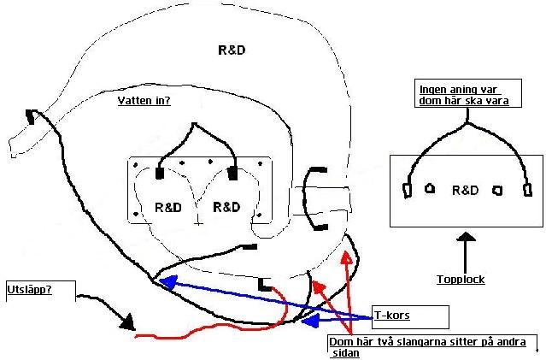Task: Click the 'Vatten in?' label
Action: click(x=144, y=101)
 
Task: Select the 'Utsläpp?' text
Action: click(x=30, y=290)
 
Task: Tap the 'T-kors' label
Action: click(x=392, y=316)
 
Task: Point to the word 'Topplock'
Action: click(x=461, y=279)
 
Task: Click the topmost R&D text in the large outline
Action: click(x=232, y=50)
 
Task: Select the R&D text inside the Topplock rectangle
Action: click(x=465, y=191)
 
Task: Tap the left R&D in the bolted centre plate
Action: click(x=168, y=207)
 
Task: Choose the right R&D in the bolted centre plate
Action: click(x=226, y=207)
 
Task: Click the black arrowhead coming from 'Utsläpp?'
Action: click(x=128, y=322)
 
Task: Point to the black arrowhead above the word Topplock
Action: click(x=466, y=237)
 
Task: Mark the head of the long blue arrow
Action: click(x=168, y=281)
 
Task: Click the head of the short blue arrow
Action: click(x=310, y=321)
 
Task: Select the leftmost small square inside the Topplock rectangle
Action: click(x=407, y=191)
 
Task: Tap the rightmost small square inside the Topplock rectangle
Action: click(x=528, y=191)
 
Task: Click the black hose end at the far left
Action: click(x=31, y=117)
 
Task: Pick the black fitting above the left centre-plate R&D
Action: click(x=160, y=174)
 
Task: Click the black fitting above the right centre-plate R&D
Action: click(x=232, y=174)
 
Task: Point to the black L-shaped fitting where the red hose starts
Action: click(x=265, y=285)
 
